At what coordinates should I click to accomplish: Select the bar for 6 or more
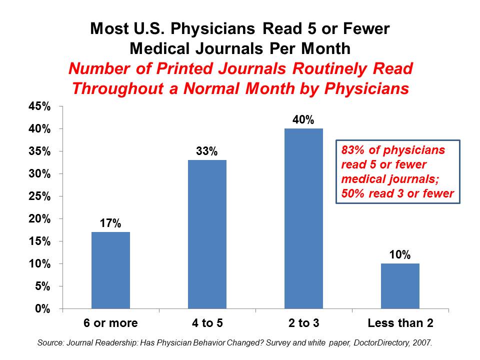pyautogui.click(x=110, y=270)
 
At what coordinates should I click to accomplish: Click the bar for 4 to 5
pyautogui.click(x=207, y=234)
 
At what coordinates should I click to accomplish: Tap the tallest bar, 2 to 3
pyautogui.click(x=303, y=218)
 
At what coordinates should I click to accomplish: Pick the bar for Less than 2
pyautogui.click(x=400, y=286)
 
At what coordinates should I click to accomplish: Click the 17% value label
pyautogui.click(x=110, y=223)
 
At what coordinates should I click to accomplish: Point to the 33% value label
pyautogui.click(x=207, y=151)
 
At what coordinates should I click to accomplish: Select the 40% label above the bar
pyautogui.click(x=303, y=120)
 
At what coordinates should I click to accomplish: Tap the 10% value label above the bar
pyautogui.click(x=400, y=255)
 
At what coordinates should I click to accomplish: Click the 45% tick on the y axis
pyautogui.click(x=39, y=106)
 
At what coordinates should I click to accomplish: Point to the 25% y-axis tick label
pyautogui.click(x=39, y=196)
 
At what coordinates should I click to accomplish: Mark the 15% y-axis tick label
pyautogui.click(x=39, y=241)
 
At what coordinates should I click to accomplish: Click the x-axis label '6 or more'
pyautogui.click(x=110, y=323)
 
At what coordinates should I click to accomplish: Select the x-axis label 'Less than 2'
pyautogui.click(x=400, y=323)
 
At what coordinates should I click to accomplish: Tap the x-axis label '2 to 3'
pyautogui.click(x=303, y=323)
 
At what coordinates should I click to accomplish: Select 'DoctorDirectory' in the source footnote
pyautogui.click(x=378, y=343)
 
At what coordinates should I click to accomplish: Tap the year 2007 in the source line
pyautogui.click(x=423, y=343)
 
